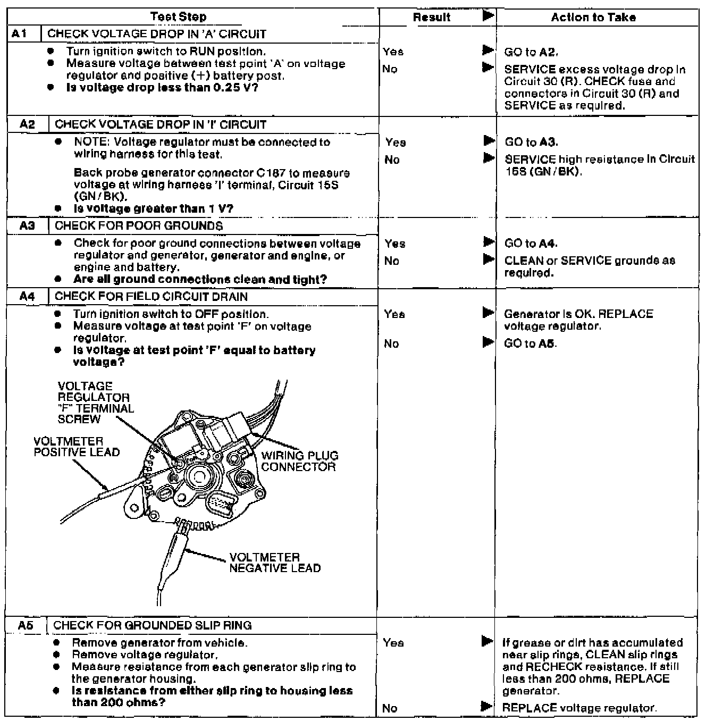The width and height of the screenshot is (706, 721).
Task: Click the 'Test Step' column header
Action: tap(178, 17)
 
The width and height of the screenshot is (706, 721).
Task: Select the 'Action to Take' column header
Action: tap(593, 18)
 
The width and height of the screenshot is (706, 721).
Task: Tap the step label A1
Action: tap(19, 34)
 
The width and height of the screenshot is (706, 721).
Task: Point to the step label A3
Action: tap(27, 225)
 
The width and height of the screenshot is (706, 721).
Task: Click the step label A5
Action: tap(26, 625)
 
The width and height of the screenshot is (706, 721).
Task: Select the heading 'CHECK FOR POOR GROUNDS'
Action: tap(139, 225)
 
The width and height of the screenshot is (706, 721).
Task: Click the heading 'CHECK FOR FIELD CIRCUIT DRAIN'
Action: tap(151, 296)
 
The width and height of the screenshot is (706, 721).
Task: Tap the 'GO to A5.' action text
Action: tap(530, 343)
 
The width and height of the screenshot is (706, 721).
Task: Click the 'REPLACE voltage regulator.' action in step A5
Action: tap(579, 708)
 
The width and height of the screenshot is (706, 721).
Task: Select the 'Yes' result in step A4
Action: tap(394, 314)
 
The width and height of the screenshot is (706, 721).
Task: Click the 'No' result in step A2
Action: tap(392, 160)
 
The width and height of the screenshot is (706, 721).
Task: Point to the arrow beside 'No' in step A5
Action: tap(486, 707)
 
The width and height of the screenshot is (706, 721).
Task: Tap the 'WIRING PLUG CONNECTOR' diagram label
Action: tap(299, 462)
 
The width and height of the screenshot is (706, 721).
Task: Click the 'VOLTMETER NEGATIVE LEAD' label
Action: tap(275, 563)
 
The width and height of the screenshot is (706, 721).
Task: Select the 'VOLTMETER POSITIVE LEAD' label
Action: tap(77, 447)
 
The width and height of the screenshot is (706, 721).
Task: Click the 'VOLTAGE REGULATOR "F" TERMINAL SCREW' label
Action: tap(96, 403)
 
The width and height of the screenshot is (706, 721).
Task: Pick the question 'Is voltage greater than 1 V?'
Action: tap(154, 209)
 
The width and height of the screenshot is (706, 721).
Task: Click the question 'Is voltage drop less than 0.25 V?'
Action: tap(162, 88)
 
